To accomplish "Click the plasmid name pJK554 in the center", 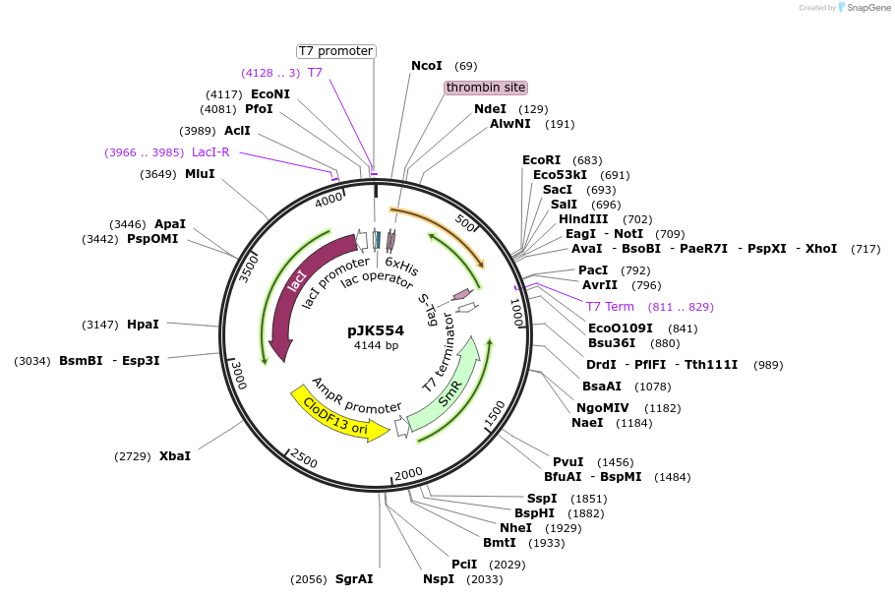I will tap(376, 330).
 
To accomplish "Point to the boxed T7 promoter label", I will tap(336, 51).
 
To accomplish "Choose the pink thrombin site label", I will tap(486, 88).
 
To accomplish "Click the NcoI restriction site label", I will tap(427, 66).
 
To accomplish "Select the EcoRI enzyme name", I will tap(542, 160).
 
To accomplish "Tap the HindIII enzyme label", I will tap(583, 219).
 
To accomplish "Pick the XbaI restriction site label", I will tap(175, 456).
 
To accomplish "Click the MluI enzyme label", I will tap(200, 174).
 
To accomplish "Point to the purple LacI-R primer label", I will tap(210, 152).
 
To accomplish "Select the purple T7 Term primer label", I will tap(611, 307).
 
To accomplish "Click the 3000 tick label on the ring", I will tap(238, 375).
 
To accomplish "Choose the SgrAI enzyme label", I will tap(354, 579).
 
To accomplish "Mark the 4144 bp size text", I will tap(376, 346).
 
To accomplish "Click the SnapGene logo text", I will tap(865, 8).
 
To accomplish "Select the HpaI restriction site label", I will tap(143, 325).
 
